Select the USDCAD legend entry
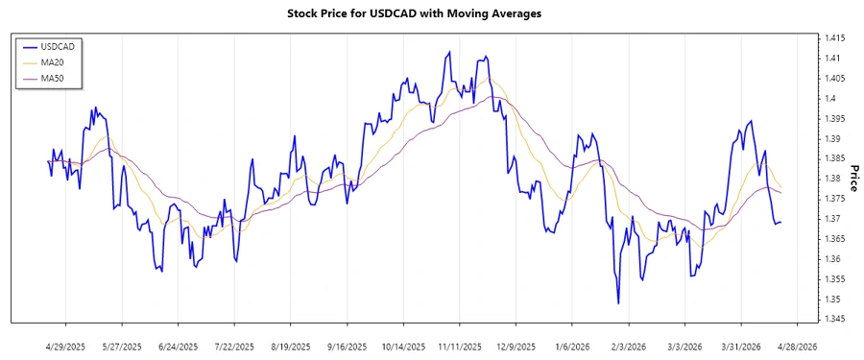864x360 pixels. pyautogui.click(x=53, y=45)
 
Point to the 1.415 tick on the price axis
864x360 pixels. pyautogui.click(x=831, y=38)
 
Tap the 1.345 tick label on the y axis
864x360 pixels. pyautogui.click(x=831, y=319)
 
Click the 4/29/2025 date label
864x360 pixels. pyautogui.click(x=65, y=346)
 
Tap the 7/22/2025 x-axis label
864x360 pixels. pyautogui.click(x=234, y=346)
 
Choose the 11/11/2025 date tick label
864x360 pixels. pyautogui.click(x=459, y=346)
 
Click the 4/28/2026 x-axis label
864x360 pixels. pyautogui.click(x=797, y=346)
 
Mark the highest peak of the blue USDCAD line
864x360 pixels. pyautogui.click(x=448, y=52)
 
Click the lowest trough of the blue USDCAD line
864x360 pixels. pyautogui.click(x=618, y=303)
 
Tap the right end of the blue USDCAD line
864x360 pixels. pyautogui.click(x=780, y=222)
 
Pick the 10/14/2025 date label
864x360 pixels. pyautogui.click(x=402, y=346)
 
